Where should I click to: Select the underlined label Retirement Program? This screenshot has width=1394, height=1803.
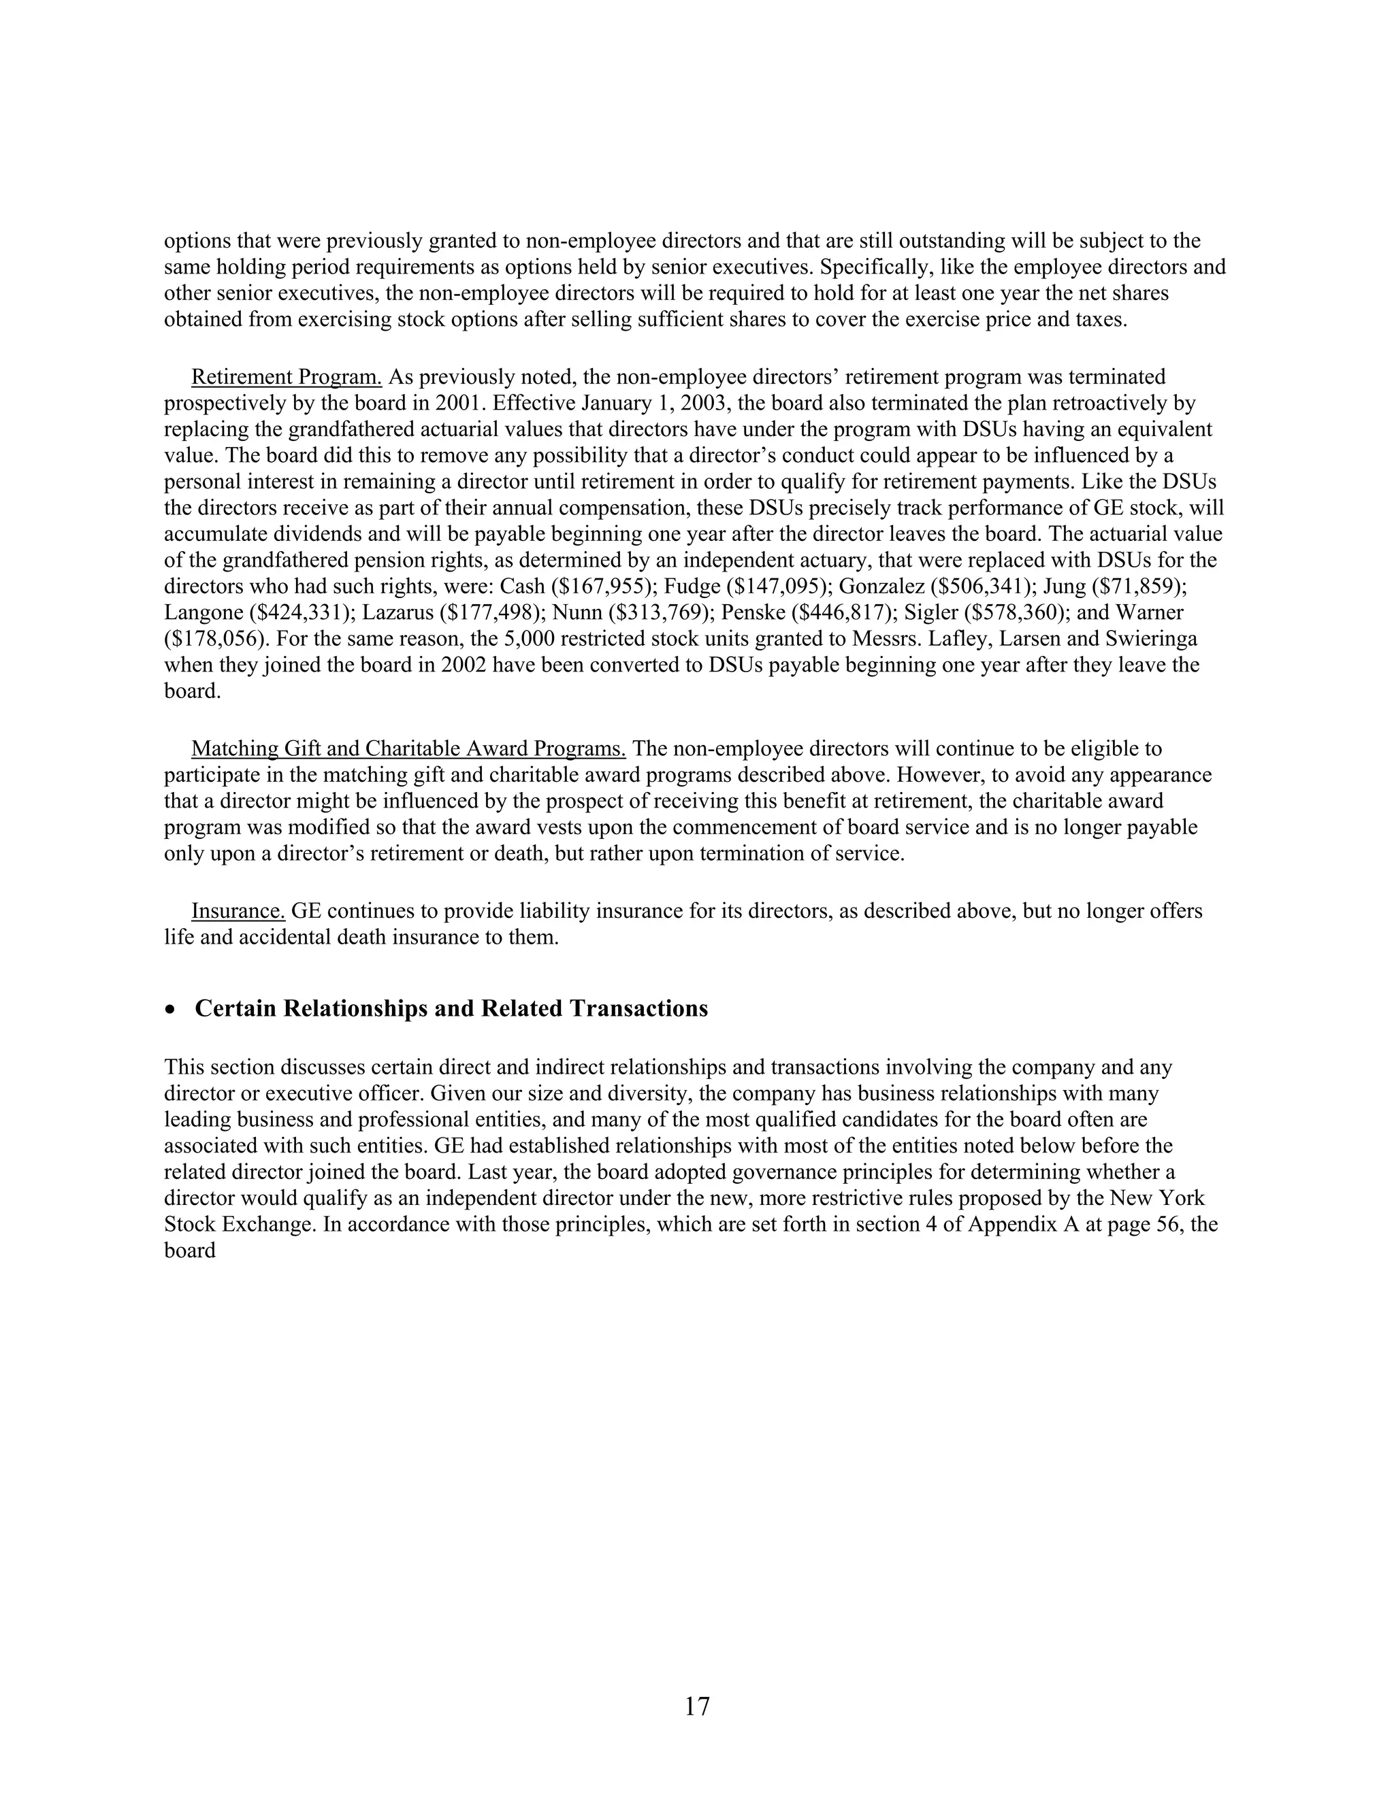286,378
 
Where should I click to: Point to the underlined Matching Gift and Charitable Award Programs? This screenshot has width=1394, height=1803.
408,749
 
